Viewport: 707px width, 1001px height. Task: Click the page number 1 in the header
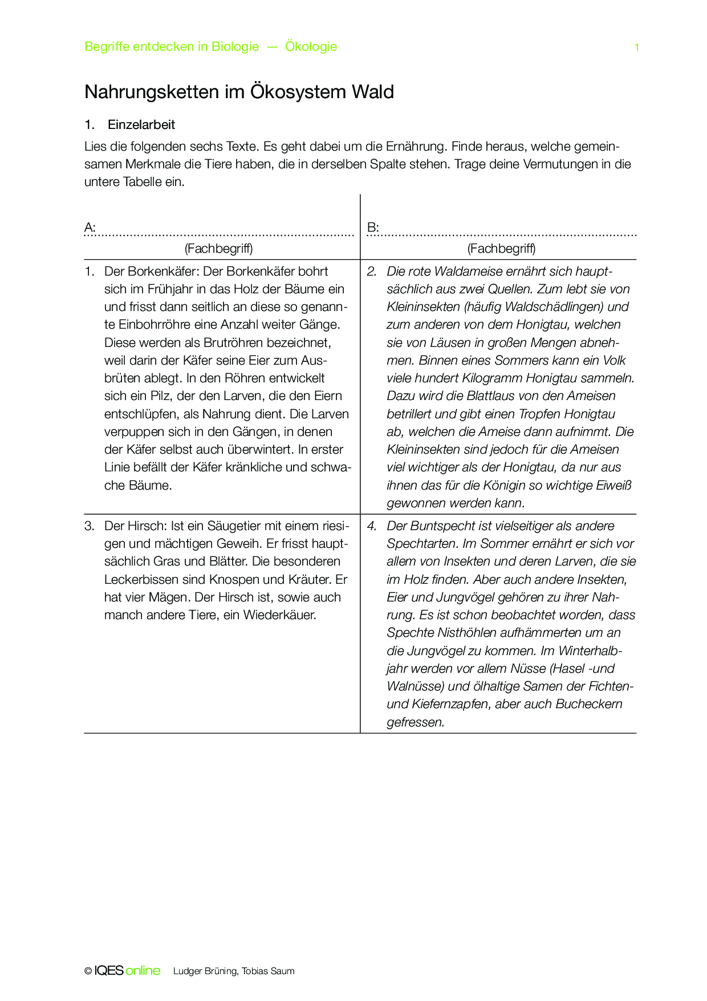coord(636,47)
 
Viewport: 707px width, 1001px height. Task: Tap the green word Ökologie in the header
coord(311,47)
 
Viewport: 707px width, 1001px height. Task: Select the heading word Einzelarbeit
coord(141,125)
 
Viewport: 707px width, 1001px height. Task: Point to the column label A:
coord(90,228)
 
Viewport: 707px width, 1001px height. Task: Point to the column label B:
coord(373,228)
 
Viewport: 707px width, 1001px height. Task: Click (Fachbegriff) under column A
coord(218,248)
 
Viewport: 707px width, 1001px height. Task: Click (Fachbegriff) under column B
coord(501,248)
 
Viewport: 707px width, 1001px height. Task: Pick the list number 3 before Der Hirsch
coord(90,526)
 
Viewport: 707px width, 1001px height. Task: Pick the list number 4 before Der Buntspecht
coord(372,526)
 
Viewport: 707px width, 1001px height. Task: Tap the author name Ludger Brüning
coord(205,971)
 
